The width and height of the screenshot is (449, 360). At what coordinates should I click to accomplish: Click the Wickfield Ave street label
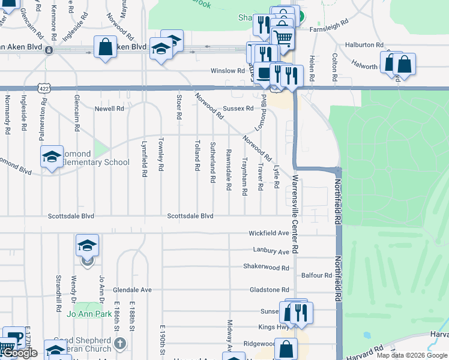pyautogui.click(x=270, y=233)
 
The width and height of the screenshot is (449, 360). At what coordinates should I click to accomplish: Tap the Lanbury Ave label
pyautogui.click(x=270, y=251)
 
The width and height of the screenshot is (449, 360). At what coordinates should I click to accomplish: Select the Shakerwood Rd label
pyautogui.click(x=266, y=267)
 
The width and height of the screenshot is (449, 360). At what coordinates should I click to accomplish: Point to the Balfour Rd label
pyautogui.click(x=317, y=275)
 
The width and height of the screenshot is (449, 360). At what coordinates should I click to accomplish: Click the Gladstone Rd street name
pyautogui.click(x=270, y=290)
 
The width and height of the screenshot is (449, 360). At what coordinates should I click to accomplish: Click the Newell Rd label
pyautogui.click(x=109, y=109)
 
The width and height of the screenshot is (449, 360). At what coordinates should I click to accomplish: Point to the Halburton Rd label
pyautogui.click(x=364, y=45)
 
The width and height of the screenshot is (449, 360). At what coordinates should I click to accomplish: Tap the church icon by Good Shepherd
pyautogui.click(x=120, y=344)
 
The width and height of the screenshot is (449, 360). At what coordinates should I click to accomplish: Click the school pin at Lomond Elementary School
pyautogui.click(x=52, y=158)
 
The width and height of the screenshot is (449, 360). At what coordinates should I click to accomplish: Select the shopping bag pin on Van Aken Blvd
pyautogui.click(x=105, y=47)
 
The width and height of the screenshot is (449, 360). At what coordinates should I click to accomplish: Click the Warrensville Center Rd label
pyautogui.click(x=295, y=214)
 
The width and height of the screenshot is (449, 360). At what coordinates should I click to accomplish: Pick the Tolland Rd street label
pyautogui.click(x=197, y=156)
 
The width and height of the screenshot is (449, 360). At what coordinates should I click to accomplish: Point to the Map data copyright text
pyautogui.click(x=411, y=355)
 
